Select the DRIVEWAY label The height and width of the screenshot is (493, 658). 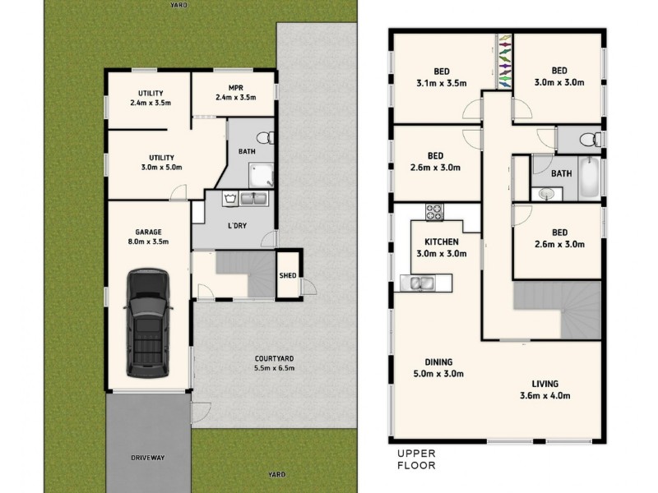click(x=148, y=458)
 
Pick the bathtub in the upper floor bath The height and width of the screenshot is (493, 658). click(x=589, y=179)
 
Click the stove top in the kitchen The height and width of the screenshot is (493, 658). click(x=433, y=211)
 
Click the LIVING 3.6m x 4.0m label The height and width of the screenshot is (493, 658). click(x=544, y=389)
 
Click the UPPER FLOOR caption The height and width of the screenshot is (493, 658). click(x=415, y=459)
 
